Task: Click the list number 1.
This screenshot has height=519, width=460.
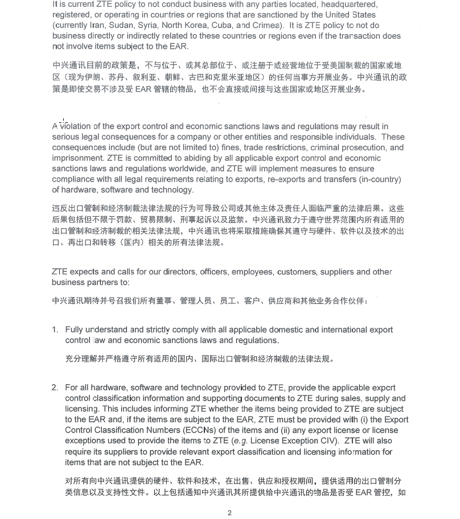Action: (55, 330)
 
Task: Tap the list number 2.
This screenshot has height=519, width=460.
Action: (55, 388)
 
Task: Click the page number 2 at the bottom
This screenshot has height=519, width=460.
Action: (229, 513)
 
